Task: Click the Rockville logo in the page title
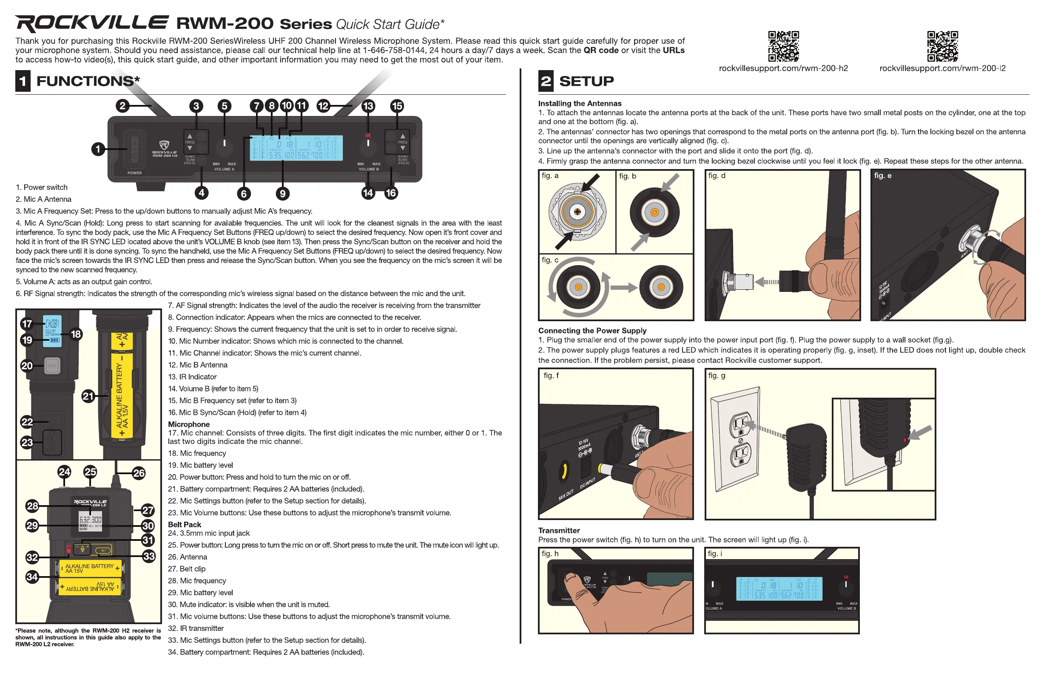pos(91,23)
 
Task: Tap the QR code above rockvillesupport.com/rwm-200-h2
pos(783,46)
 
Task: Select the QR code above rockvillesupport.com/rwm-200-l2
pos(942,46)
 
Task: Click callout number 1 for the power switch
pos(98,149)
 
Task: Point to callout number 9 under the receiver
pos(282,193)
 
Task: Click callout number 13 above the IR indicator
pos(368,106)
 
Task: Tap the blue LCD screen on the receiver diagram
pos(296,148)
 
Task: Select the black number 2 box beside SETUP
pos(546,81)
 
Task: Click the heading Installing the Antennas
pos(580,104)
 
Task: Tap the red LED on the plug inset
pos(904,440)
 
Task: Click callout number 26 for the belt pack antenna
pos(139,473)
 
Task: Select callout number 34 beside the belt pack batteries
pos(32,577)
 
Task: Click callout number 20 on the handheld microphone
pos(27,366)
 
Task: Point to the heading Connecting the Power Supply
pos(592,331)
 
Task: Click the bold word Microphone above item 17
pos(188,424)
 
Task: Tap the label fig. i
pos(715,554)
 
